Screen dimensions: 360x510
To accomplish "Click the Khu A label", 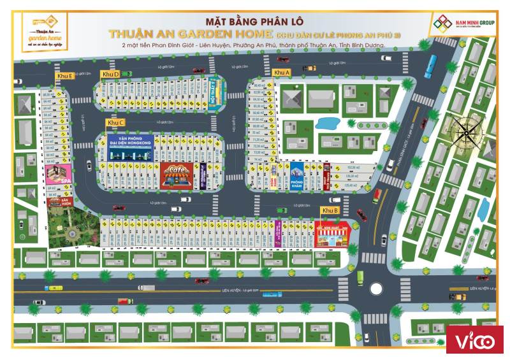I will [x=282, y=73].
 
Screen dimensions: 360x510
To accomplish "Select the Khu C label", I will [x=116, y=122].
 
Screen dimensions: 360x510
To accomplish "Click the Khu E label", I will [x=64, y=76].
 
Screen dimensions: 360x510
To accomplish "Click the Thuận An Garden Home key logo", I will [x=43, y=29].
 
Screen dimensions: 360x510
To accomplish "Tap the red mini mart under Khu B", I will [x=333, y=234].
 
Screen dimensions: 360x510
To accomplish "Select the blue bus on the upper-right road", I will [x=432, y=62].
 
